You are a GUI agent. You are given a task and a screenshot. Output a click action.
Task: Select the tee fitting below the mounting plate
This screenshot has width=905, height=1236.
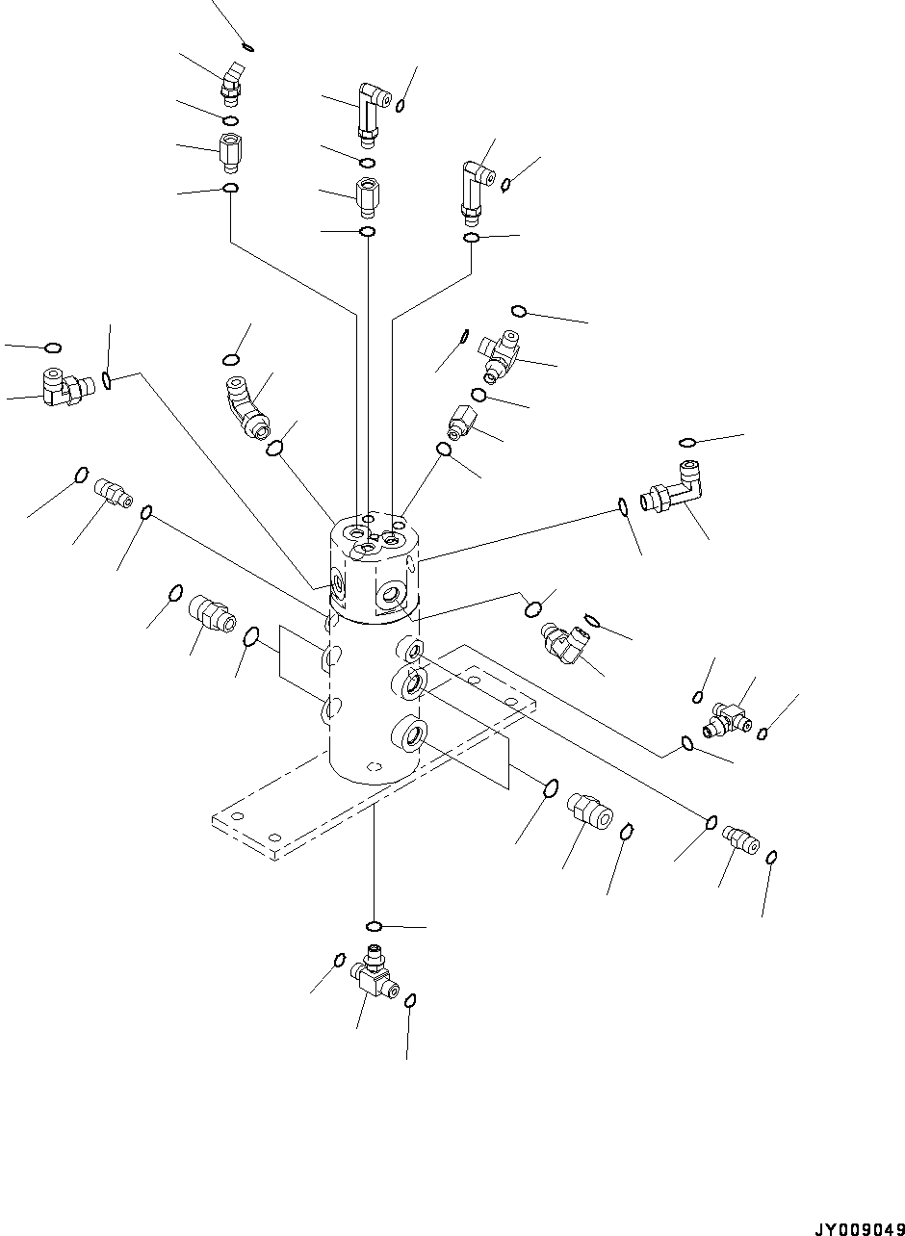[x=373, y=972]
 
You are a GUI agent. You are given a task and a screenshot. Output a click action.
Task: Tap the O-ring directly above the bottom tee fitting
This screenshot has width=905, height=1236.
[x=375, y=926]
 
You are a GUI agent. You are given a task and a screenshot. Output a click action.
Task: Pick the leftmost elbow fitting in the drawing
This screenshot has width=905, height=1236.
[x=63, y=385]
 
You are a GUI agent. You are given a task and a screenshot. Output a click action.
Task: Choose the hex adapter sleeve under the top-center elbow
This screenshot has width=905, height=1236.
[x=366, y=198]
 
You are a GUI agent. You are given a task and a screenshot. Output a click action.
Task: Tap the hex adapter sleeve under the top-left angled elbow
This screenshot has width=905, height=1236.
[x=229, y=151]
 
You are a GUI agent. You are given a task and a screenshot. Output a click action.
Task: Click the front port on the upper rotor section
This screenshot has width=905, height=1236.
[x=392, y=596]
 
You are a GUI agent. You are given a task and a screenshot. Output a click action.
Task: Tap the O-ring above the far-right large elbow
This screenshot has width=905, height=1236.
[x=687, y=442]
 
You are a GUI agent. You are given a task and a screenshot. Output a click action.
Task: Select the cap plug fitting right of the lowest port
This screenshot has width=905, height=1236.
[x=589, y=809]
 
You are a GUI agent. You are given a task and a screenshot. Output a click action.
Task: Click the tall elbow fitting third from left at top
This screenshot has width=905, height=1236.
[x=475, y=188]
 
